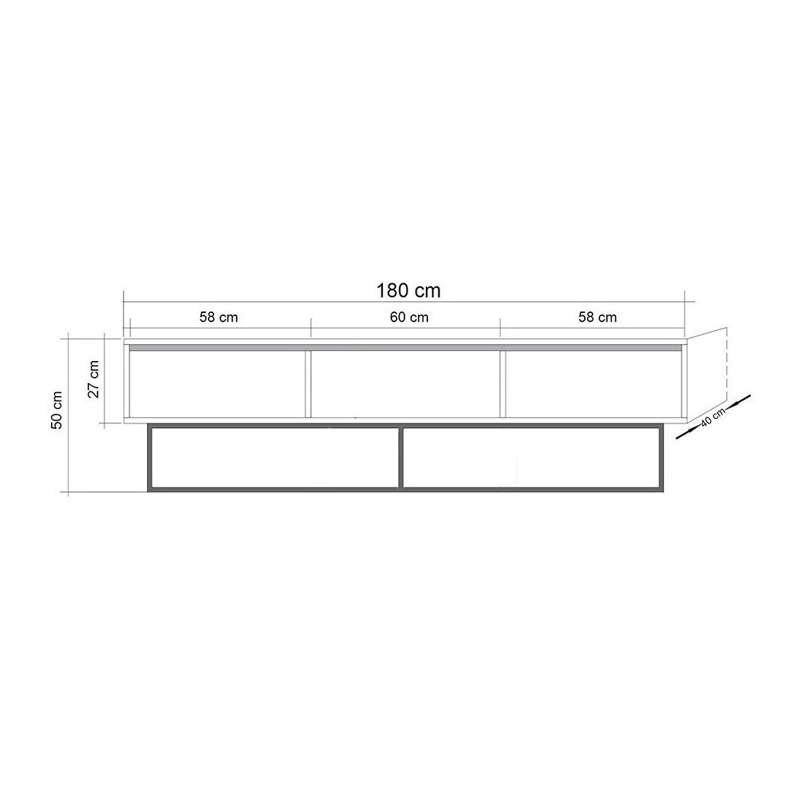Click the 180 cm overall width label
click(x=408, y=291)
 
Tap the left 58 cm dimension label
click(x=219, y=318)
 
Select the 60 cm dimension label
click(x=409, y=318)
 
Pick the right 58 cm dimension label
click(x=597, y=318)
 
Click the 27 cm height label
click(x=94, y=379)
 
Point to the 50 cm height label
click(x=57, y=410)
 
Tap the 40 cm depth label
click(x=713, y=417)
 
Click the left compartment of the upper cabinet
click(x=217, y=383)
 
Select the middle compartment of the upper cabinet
click(x=405, y=383)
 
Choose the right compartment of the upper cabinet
click(x=593, y=383)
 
